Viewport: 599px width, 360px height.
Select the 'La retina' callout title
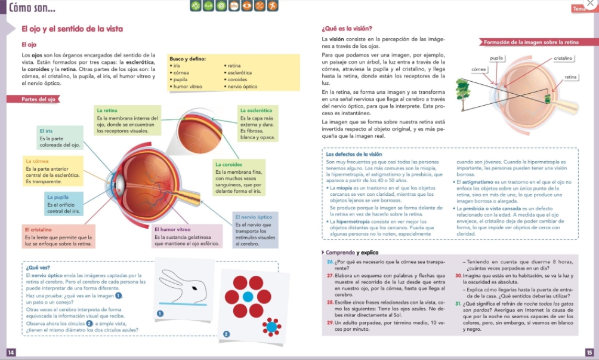107,110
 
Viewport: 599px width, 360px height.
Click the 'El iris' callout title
46,130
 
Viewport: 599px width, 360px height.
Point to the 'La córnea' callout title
37,161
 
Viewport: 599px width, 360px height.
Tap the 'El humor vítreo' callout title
172,229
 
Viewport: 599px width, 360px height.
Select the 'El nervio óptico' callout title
254,217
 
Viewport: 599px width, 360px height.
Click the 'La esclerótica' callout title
256,110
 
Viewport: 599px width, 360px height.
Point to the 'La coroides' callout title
229,164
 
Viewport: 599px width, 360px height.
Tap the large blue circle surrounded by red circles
248,296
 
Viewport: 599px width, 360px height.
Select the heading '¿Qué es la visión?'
347,29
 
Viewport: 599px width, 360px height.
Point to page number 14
10,352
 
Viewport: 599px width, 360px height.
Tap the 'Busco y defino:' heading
187,59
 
